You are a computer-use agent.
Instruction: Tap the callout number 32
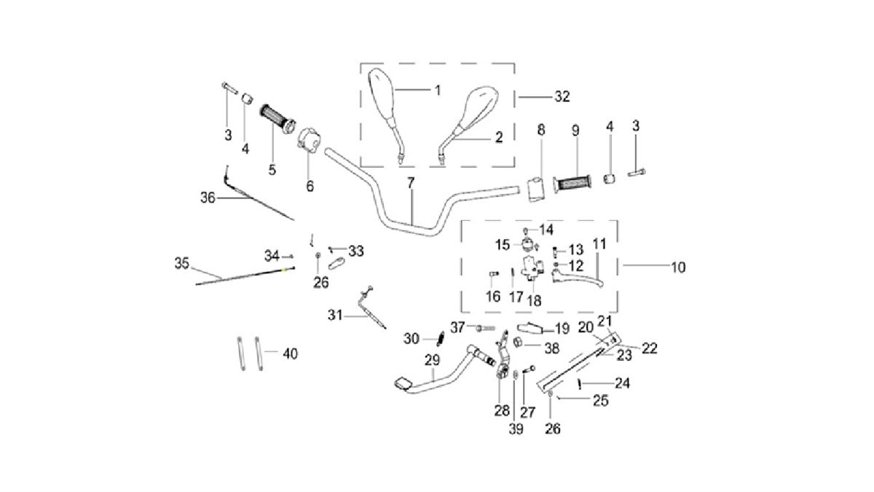[562, 96]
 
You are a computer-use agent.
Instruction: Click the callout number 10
[678, 268]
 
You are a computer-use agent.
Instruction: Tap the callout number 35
[182, 262]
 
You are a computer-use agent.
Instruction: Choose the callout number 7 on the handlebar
[411, 182]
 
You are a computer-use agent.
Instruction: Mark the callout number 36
[208, 197]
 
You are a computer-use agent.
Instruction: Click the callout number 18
[533, 301]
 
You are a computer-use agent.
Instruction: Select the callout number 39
[516, 430]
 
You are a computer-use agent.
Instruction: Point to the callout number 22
[649, 348]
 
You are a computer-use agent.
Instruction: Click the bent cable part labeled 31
[368, 310]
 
